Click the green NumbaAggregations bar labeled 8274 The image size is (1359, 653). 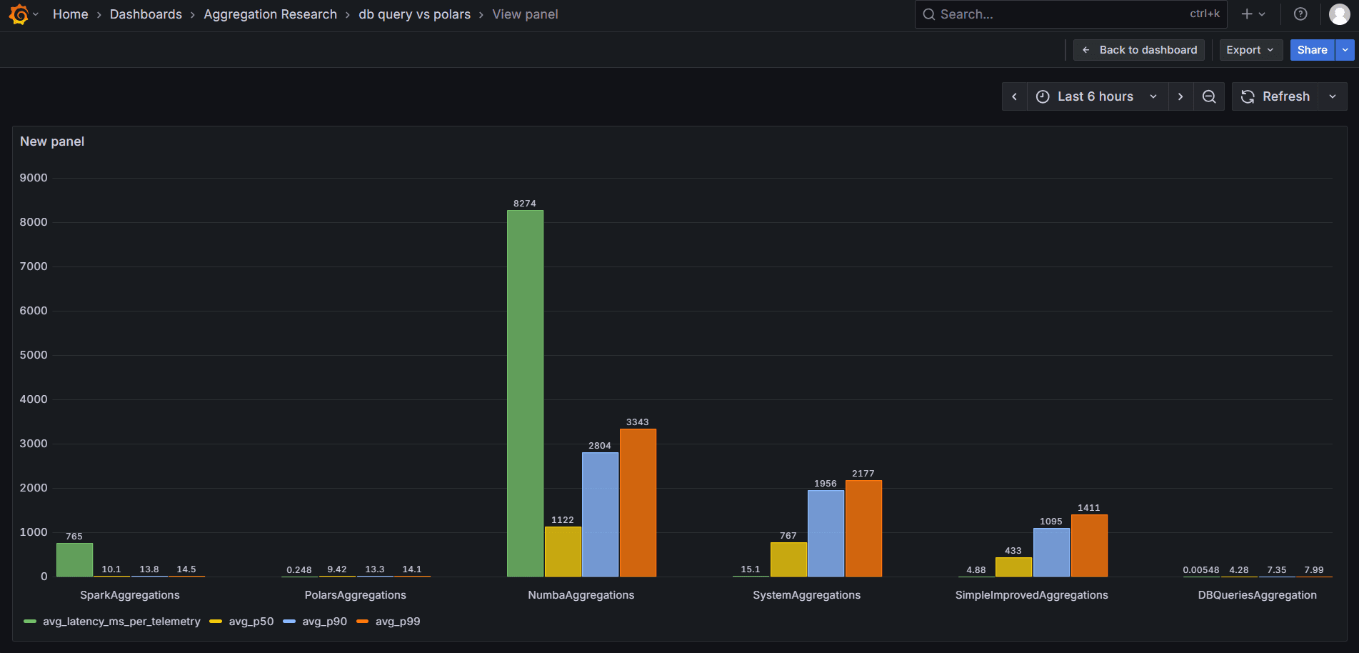tap(525, 393)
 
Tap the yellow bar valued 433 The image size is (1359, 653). tap(1013, 567)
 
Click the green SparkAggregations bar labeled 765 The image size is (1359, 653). tap(74, 559)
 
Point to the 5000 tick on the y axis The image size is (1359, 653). tap(34, 355)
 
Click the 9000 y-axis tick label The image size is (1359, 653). tap(34, 178)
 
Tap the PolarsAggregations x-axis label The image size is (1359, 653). tap(355, 595)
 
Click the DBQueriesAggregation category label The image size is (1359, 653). tap(1257, 595)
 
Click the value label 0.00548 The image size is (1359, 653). tap(1200, 570)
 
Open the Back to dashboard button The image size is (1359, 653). tap(1139, 50)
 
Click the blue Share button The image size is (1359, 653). tap(1312, 50)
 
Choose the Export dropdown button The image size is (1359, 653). tap(1250, 50)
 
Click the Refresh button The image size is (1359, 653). tap(1276, 96)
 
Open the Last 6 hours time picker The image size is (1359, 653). tap(1096, 96)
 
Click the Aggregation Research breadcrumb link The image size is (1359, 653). tap(270, 14)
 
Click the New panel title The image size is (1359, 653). tap(52, 141)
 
